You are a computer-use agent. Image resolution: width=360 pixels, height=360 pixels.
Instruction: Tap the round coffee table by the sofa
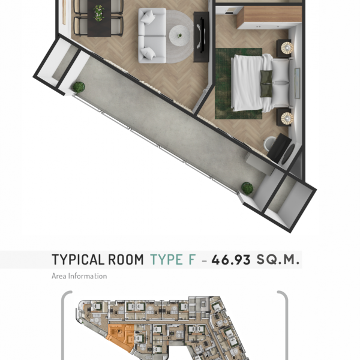tap(178, 35)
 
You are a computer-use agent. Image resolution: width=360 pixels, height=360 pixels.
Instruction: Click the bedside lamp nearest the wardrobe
tap(286, 47)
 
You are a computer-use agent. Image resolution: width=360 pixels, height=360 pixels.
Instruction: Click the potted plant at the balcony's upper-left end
tap(79, 87)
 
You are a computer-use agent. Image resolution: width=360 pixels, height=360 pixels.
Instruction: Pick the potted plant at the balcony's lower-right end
tap(247, 188)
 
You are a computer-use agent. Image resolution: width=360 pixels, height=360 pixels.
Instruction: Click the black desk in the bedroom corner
tap(280, 148)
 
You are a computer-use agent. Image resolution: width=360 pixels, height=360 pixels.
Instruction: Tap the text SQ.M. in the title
tap(278, 260)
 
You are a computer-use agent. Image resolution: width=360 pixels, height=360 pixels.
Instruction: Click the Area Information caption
tap(79, 276)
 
